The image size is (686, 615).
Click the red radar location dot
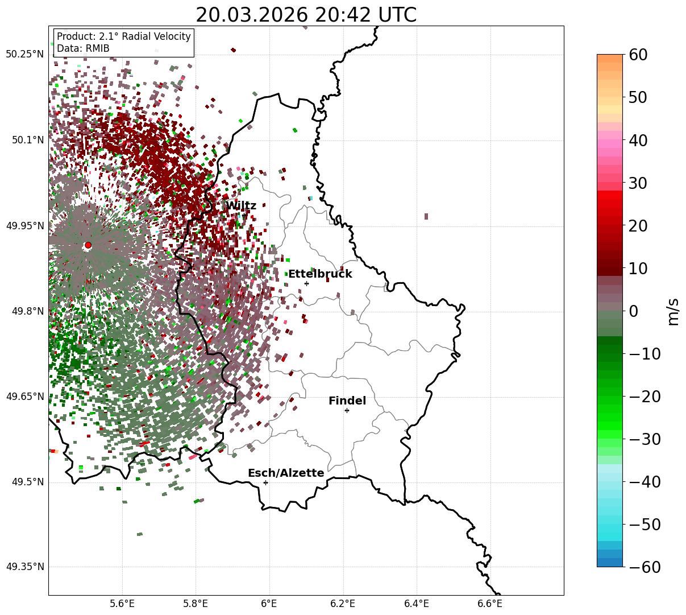tap(88, 245)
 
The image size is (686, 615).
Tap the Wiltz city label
tap(241, 206)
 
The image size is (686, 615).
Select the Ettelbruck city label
tap(320, 274)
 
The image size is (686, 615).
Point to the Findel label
tap(347, 401)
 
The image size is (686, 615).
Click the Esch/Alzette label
tap(286, 473)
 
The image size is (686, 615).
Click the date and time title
tap(306, 15)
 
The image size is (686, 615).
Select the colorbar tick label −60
tap(645, 567)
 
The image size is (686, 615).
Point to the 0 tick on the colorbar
tap(633, 311)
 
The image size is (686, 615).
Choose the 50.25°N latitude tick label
tap(24, 55)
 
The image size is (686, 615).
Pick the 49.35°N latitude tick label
tap(24, 567)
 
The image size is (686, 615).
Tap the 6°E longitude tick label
tap(269, 604)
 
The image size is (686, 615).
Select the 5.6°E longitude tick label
tap(122, 604)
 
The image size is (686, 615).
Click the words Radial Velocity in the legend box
tap(153, 37)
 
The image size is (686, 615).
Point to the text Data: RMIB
tap(83, 49)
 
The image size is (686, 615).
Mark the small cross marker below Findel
tap(347, 410)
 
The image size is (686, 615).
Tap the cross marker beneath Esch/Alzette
tap(265, 482)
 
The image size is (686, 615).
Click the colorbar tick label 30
tap(638, 183)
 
